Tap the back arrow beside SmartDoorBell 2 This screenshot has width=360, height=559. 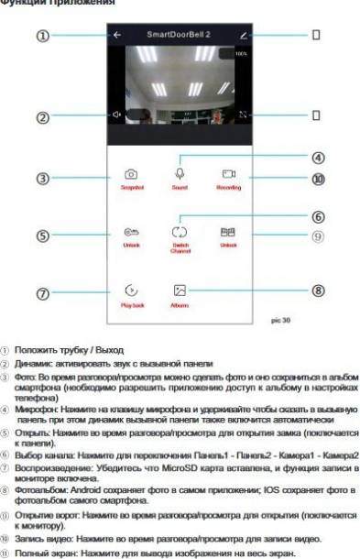tap(117, 35)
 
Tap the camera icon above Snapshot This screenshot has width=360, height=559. tap(132, 173)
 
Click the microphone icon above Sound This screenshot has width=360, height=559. tap(180, 172)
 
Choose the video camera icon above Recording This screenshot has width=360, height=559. tap(228, 173)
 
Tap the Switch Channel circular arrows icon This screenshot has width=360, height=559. tap(180, 233)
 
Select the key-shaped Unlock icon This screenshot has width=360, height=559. tap(132, 233)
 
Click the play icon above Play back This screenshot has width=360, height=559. tap(132, 290)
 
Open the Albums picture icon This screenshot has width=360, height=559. tap(180, 290)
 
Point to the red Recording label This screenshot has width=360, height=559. tap(228, 187)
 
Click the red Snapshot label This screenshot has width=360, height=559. tap(132, 187)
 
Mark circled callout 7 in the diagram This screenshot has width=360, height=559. tap(42, 294)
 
